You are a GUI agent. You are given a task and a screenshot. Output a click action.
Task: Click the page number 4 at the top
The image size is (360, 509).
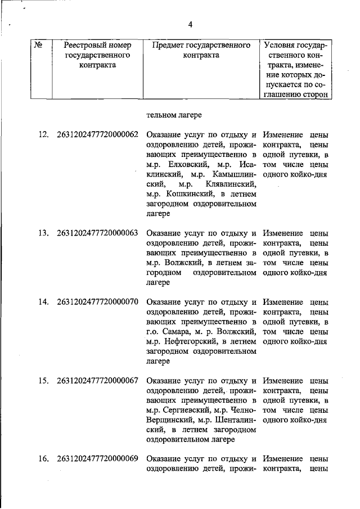pyautogui.click(x=190, y=24)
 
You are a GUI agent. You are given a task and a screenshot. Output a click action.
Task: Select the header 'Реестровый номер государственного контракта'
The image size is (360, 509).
pyautogui.click(x=98, y=55)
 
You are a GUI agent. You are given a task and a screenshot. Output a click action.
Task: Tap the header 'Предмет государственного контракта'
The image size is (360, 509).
pyautogui.click(x=201, y=50)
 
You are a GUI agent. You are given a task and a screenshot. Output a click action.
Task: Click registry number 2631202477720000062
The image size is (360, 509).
pyautogui.click(x=97, y=135)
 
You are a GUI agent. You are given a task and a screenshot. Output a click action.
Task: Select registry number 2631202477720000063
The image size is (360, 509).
pyautogui.click(x=97, y=233)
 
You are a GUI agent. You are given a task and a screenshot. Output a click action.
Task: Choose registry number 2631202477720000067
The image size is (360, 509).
pyautogui.click(x=97, y=381)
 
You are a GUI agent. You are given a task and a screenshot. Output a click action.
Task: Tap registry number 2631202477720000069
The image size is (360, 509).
pyautogui.click(x=97, y=459)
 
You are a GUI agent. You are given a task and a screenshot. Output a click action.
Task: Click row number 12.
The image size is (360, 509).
pyautogui.click(x=43, y=135)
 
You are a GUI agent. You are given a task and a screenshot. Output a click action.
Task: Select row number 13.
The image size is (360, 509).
pyautogui.click(x=43, y=233)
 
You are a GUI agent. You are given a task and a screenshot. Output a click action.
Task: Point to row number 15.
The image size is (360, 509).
pyautogui.click(x=43, y=381)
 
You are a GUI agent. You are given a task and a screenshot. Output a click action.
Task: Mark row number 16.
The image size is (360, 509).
pyautogui.click(x=43, y=459)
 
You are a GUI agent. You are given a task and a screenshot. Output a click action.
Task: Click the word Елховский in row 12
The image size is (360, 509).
pyautogui.click(x=186, y=165)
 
